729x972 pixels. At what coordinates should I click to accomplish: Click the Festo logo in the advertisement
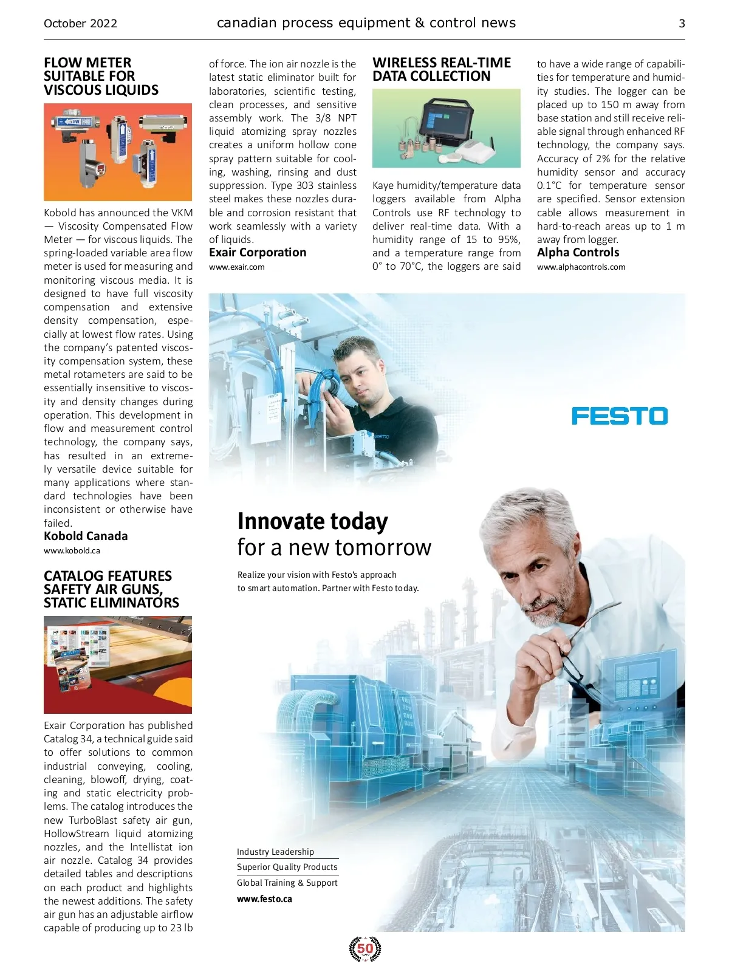[x=619, y=416]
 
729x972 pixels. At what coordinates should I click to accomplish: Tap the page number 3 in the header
[x=682, y=24]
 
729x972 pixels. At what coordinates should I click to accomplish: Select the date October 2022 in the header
[x=80, y=24]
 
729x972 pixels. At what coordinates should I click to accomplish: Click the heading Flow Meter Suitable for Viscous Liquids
[x=101, y=77]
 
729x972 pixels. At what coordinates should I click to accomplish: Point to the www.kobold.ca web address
[x=72, y=550]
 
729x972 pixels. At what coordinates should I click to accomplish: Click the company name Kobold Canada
[x=86, y=536]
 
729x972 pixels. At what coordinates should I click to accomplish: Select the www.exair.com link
[x=236, y=267]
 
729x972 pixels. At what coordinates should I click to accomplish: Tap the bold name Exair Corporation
[x=258, y=252]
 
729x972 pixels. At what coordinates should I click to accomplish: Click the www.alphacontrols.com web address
[x=581, y=267]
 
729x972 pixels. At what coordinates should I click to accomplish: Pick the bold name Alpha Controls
[x=578, y=252]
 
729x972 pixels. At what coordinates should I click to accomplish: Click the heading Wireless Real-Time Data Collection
[x=442, y=69]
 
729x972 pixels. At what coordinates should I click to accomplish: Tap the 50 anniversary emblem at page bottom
[x=365, y=948]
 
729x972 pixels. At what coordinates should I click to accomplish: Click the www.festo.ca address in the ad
[x=264, y=898]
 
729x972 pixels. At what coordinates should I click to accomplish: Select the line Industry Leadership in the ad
[x=275, y=852]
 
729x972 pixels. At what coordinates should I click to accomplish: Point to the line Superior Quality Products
[x=287, y=867]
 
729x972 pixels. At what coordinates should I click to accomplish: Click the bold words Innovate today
[x=312, y=521]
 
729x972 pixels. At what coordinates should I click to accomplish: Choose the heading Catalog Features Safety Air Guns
[x=111, y=589]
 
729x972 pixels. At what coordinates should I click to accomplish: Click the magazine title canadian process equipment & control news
[x=366, y=23]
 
